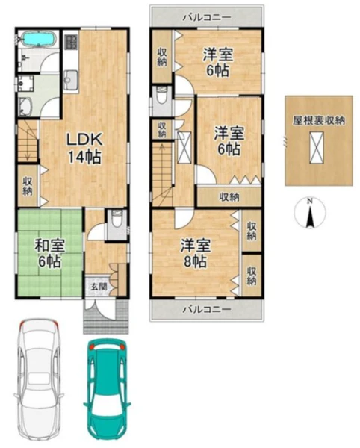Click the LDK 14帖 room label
click(x=84, y=149)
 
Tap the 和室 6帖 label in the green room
click(x=50, y=253)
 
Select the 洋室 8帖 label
click(x=196, y=253)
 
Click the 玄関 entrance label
click(x=99, y=286)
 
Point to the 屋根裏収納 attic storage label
click(x=319, y=120)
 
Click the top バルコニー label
click(x=207, y=17)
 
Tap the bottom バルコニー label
click(x=207, y=309)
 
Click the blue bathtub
click(x=38, y=39)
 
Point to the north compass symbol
click(x=309, y=213)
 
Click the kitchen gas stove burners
click(x=71, y=42)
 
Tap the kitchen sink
click(x=70, y=78)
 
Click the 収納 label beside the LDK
click(x=28, y=186)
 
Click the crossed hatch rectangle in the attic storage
click(x=317, y=147)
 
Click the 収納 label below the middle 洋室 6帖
click(x=229, y=196)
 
